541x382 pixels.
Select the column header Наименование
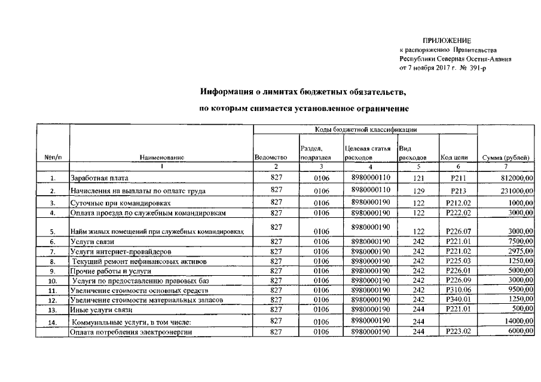coord(161,158)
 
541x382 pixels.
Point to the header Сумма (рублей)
coord(506,158)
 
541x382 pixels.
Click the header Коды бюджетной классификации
coord(365,130)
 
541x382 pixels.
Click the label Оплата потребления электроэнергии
coord(131,332)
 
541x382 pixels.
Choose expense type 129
coord(418,190)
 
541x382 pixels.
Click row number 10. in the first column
coord(53,281)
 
